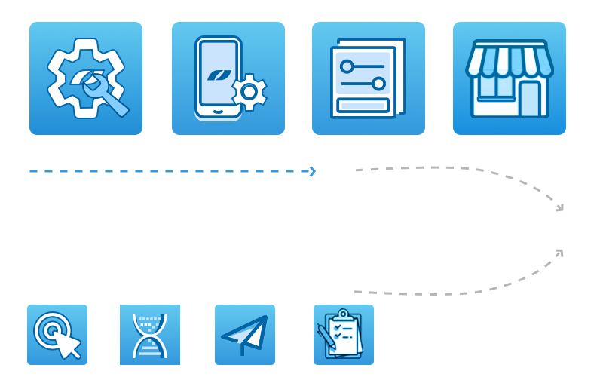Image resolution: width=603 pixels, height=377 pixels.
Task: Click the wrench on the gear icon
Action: (x=106, y=95)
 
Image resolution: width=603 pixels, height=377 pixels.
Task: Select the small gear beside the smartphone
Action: (x=249, y=92)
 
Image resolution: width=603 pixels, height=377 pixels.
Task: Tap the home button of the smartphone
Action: (x=219, y=111)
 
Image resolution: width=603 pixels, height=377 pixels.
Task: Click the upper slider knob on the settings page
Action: (x=347, y=66)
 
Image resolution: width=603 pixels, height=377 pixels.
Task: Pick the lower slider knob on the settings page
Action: (x=378, y=84)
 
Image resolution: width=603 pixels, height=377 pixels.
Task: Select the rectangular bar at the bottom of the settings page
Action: (x=363, y=105)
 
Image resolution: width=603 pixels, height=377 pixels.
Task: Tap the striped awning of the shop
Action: (x=510, y=60)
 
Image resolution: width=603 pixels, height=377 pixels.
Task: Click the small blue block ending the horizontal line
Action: (x=296, y=171)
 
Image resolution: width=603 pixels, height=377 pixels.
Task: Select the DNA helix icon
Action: (x=150, y=335)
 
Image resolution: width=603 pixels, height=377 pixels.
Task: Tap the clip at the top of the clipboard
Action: (x=344, y=314)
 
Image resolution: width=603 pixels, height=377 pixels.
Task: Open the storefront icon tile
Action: (x=510, y=78)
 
